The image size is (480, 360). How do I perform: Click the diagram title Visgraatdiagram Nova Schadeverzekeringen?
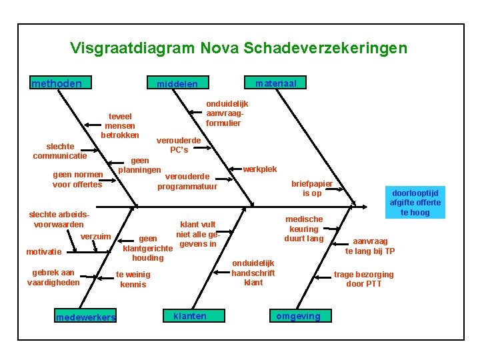[238, 48]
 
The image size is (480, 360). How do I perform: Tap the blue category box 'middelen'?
[177, 84]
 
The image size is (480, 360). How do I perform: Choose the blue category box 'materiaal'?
[276, 83]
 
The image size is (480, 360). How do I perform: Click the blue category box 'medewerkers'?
[85, 317]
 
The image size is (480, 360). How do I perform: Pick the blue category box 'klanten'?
[189, 316]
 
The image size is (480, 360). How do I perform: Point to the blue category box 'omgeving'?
[298, 316]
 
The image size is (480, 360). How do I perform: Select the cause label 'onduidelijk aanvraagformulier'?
[227, 113]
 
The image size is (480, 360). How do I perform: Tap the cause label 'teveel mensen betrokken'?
[120, 125]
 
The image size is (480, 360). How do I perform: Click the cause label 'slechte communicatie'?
[60, 151]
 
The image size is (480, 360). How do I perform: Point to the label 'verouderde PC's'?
[179, 145]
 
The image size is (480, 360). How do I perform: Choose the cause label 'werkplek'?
[259, 169]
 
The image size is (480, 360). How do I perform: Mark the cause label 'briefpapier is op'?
[312, 188]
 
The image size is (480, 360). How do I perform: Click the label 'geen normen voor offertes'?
[77, 179]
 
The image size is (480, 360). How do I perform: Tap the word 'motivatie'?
[43, 252]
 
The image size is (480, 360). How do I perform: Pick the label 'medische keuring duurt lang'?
[303, 229]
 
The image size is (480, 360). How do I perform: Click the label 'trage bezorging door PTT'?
[363, 279]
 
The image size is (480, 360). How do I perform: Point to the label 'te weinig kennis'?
[133, 279]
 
